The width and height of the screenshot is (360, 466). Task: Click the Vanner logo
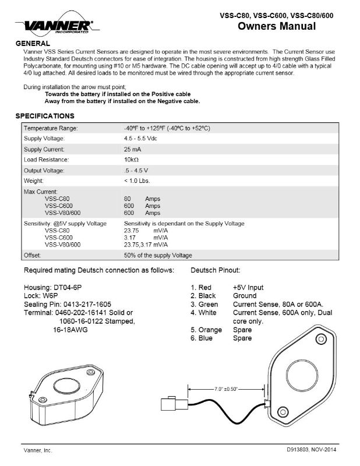pos(57,26)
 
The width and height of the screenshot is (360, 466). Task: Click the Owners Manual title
pos(277,26)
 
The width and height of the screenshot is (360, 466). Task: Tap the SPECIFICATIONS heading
pos(45,115)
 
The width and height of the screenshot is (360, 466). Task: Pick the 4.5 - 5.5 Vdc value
pos(140,138)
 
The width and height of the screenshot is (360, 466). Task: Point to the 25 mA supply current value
pos(132,149)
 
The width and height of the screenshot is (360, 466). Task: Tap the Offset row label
pos(32,255)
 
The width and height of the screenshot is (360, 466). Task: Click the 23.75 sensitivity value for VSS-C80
pos(133,230)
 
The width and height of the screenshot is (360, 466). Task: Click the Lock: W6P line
pos(44,295)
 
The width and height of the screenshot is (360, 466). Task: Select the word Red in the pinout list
pos(206,287)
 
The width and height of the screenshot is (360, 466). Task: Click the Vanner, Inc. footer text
pos(37,450)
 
